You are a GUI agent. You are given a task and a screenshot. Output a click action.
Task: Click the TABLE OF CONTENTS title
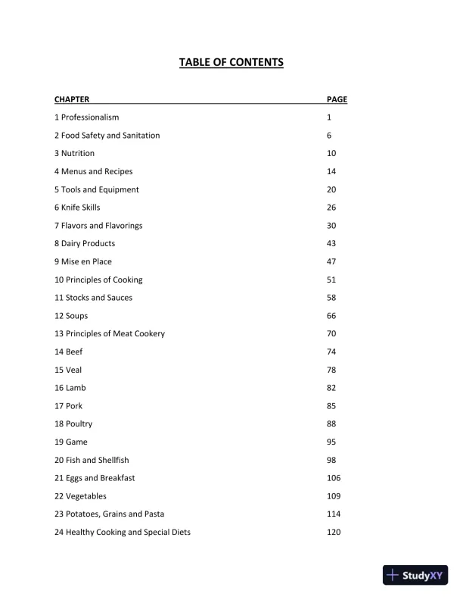click(x=231, y=62)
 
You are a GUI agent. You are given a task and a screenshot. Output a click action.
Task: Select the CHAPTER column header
click(x=72, y=99)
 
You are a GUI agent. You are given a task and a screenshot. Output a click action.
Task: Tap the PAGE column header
click(x=337, y=99)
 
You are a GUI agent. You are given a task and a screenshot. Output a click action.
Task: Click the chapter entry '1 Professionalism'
click(x=87, y=117)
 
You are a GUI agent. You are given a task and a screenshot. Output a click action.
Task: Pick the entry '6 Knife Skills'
click(x=77, y=208)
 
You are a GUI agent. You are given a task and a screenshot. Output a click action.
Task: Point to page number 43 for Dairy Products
click(x=331, y=243)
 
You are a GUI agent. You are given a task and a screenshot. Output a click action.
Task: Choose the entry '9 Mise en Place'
click(x=83, y=261)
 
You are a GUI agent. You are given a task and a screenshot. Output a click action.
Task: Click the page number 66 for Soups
click(x=331, y=316)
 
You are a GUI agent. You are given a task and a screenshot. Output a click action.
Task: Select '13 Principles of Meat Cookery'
click(x=110, y=334)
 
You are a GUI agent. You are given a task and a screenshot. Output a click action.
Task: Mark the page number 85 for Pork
click(x=331, y=406)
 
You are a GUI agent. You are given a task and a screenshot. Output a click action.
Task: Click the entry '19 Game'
click(x=70, y=442)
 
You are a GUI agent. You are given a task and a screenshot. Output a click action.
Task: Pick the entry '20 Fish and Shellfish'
click(x=92, y=460)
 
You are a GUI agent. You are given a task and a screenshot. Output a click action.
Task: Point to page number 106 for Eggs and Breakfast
click(x=334, y=478)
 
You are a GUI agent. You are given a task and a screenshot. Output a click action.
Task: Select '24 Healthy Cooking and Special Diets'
click(x=123, y=533)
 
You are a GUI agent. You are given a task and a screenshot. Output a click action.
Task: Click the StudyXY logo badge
click(x=415, y=575)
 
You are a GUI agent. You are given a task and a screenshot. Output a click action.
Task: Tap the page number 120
click(x=334, y=533)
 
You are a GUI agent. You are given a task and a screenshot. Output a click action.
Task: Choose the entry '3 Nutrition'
click(x=75, y=153)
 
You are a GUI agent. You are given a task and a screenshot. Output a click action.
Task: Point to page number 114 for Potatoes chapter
click(x=334, y=514)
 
